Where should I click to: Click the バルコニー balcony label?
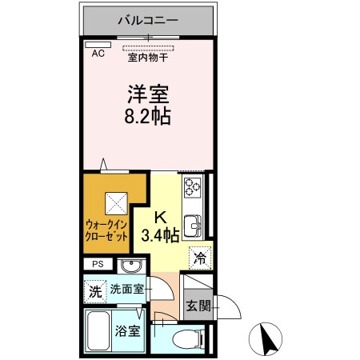(x=148, y=18)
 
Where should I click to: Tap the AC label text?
(x=98, y=54)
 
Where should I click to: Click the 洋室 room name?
(x=147, y=93)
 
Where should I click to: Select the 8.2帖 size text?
(x=147, y=115)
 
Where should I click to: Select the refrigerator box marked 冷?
(x=199, y=258)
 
